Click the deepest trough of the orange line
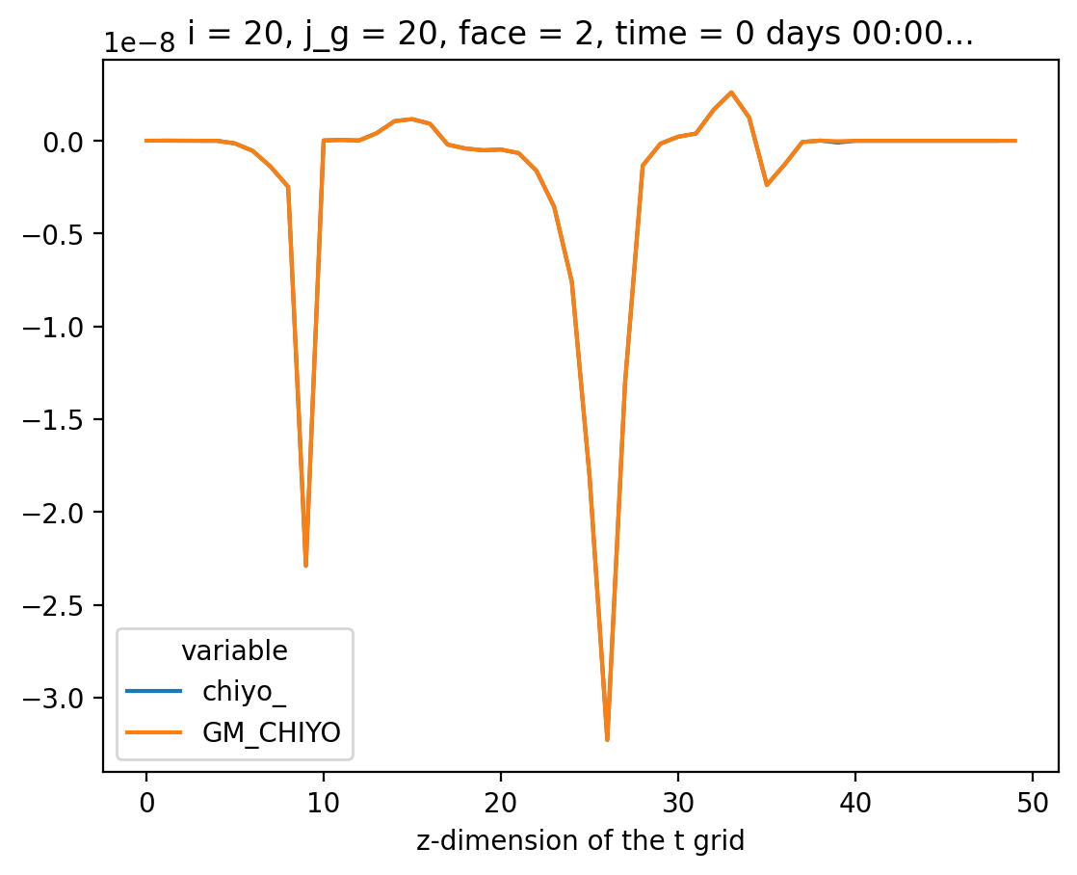607,739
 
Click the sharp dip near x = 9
305,566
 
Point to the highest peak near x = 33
731,93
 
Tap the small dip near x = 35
767,185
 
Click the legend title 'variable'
234,651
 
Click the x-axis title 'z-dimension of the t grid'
581,841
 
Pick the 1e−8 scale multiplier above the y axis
140,44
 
